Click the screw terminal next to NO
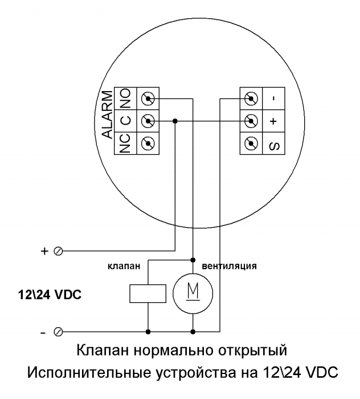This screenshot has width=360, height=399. click(x=148, y=98)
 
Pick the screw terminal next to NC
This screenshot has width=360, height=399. click(x=148, y=143)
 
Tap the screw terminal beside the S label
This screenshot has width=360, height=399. click(x=249, y=143)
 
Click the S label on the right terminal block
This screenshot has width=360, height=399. click(x=274, y=143)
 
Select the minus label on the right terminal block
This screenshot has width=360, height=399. click(x=274, y=98)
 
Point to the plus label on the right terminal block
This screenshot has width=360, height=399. click(x=274, y=121)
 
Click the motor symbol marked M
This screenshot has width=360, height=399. click(x=194, y=294)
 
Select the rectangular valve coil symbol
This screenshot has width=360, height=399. click(x=148, y=294)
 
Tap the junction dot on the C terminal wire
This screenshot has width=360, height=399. click(x=174, y=121)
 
